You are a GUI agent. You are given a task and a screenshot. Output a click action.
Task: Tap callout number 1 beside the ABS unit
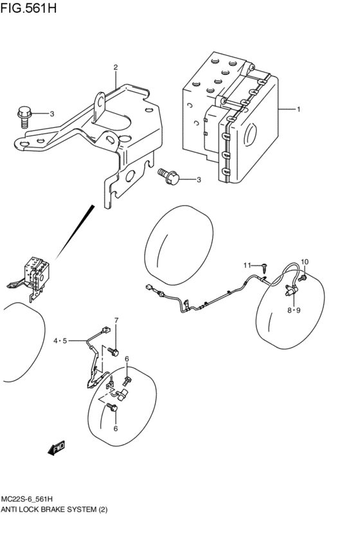pyautogui.click(x=299, y=109)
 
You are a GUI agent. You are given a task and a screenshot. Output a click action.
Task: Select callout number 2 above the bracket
pyautogui.click(x=116, y=67)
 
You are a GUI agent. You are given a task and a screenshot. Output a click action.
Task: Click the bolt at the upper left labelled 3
pyautogui.click(x=23, y=116)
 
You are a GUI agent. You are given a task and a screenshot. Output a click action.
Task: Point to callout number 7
pyautogui.click(x=116, y=321)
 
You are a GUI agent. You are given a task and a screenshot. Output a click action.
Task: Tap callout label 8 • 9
pyautogui.click(x=294, y=310)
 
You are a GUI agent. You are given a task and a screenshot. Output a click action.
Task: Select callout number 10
pyautogui.click(x=305, y=262)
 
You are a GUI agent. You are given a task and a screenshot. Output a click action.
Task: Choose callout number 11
pyautogui.click(x=246, y=265)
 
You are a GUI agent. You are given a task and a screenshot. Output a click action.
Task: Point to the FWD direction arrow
pyautogui.click(x=57, y=447)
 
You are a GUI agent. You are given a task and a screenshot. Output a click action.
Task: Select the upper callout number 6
pyautogui.click(x=127, y=359)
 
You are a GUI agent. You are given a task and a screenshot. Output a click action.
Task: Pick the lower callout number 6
pyautogui.click(x=115, y=428)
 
